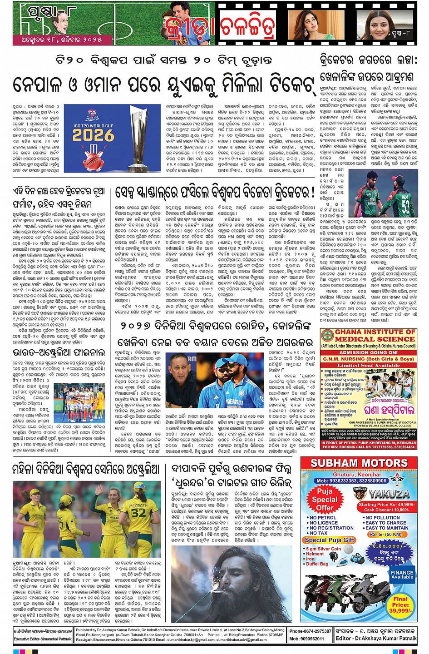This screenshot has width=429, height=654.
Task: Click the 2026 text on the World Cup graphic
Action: (93, 135)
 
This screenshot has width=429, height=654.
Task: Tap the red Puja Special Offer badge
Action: (325, 500)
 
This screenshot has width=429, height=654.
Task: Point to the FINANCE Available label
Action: (402, 575)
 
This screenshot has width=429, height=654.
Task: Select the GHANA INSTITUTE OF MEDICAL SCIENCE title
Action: (368, 336)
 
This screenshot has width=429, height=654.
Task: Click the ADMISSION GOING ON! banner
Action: (368, 352)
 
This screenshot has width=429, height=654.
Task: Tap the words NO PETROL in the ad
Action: (323, 518)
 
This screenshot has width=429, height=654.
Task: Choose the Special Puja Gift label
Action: (330, 540)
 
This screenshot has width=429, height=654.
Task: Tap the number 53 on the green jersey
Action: (405, 206)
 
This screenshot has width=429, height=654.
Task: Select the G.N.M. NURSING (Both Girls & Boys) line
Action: (368, 359)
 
